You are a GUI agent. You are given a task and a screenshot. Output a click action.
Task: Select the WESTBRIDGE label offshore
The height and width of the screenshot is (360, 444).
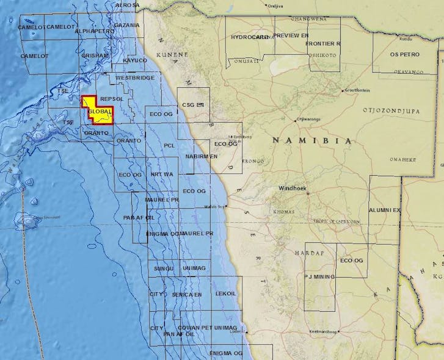click(x=135, y=79)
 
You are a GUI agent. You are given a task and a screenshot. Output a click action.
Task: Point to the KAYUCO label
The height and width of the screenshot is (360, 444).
click(x=135, y=60)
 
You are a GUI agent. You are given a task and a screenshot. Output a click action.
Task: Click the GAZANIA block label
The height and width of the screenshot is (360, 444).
click(x=126, y=26)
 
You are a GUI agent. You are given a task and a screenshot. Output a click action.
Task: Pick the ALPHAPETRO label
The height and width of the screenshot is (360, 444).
click(x=95, y=31)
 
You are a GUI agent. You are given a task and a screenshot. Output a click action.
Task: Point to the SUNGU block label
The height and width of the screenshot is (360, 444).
click(x=164, y=268)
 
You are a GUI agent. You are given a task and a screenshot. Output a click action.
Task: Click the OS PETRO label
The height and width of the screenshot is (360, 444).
click(x=404, y=54)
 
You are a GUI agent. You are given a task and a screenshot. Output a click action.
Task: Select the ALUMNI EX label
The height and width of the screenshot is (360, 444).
click(x=385, y=210)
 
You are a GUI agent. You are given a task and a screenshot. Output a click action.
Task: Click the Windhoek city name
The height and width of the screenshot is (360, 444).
click(x=291, y=189)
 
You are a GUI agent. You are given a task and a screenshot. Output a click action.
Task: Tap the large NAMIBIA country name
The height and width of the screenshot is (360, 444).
click(x=312, y=141)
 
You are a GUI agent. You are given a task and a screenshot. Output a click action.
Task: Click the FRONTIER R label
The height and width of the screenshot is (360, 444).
click(x=323, y=44)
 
